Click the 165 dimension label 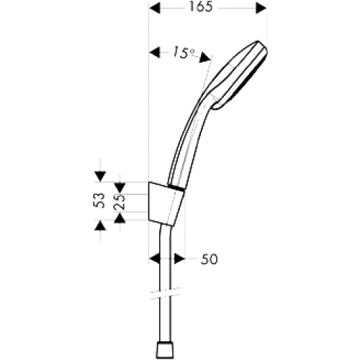201,6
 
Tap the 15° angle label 183,53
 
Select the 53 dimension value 99,200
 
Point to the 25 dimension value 120,202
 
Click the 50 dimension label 210,259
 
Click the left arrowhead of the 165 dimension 155,8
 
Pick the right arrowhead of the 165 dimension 261,8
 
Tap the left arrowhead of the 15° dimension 155,53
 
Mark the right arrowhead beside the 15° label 204,58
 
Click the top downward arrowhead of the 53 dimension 100,176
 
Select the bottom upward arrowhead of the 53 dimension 100,226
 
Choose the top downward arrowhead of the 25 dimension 120,188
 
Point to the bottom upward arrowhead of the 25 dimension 120,218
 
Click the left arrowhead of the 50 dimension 155,258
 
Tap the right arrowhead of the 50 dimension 179,258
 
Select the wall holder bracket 166,204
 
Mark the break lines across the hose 165,293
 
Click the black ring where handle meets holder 176,189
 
